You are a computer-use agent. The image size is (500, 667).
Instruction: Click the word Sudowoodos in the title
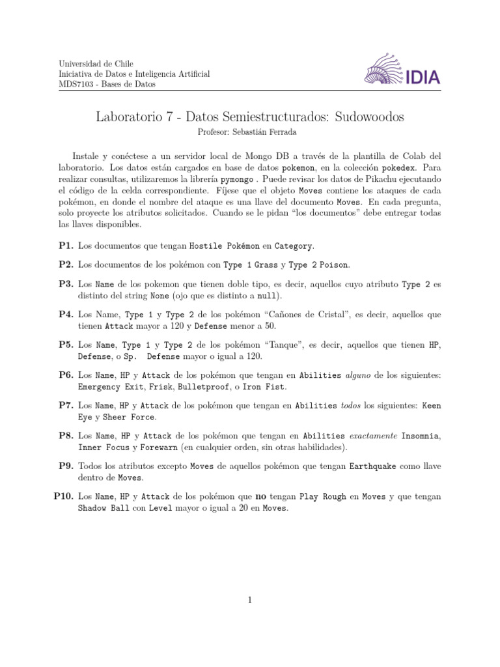point(369,117)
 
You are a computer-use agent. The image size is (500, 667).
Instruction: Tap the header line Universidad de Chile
point(96,64)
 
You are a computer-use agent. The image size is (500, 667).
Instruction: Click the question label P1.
point(65,246)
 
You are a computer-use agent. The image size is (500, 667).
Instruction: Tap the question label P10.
point(63,496)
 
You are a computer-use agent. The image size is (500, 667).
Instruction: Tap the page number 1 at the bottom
point(249,601)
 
